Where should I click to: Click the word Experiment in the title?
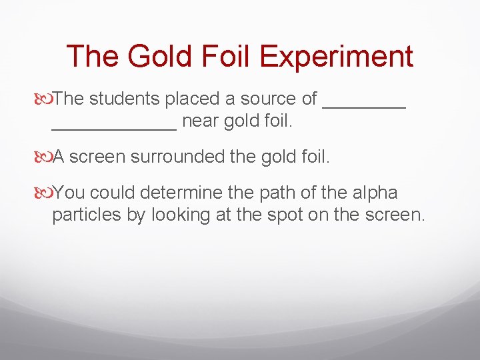click(x=337, y=57)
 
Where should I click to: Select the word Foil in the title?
click(x=223, y=56)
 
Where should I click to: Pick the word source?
click(x=267, y=99)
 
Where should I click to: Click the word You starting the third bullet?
click(x=69, y=193)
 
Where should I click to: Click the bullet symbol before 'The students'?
click(x=45, y=99)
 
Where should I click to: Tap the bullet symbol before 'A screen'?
click(x=45, y=157)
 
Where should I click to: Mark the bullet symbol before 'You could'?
click(x=45, y=193)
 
